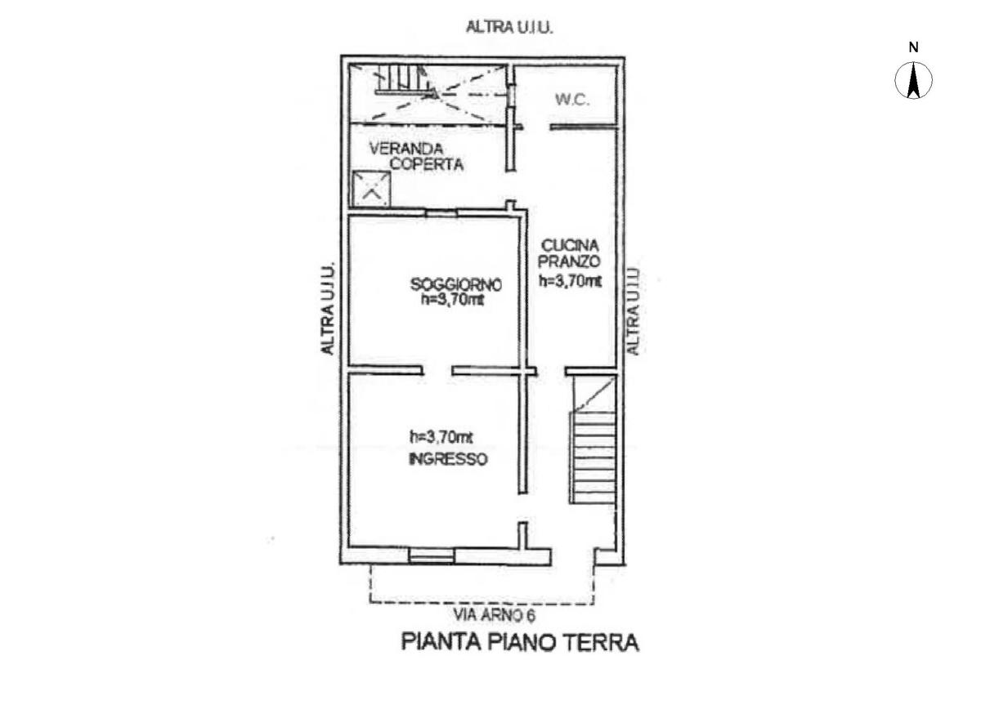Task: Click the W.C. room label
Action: coord(572,100)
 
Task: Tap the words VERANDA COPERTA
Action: coord(416,157)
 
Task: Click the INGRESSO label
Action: coord(447,459)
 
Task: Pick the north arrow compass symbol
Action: coord(914,82)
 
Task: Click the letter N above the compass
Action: coord(914,47)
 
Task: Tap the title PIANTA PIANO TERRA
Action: coord(520,642)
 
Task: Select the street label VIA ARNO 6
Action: coord(494,616)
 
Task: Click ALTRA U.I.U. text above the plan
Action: coord(509,27)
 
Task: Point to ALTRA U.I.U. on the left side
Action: coord(328,308)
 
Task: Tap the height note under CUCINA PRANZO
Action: coord(571,281)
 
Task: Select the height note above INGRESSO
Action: coord(441,436)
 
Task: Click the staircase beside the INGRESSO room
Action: coord(593,449)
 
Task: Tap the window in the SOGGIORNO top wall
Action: coord(441,213)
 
